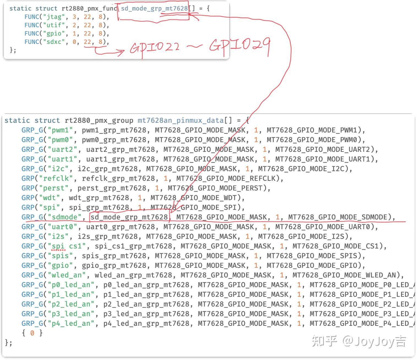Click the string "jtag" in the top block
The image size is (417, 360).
54,17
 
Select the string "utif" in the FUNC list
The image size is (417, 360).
54,25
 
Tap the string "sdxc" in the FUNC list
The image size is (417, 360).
54,42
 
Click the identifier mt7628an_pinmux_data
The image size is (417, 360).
181,121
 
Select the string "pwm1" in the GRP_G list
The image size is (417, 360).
60,130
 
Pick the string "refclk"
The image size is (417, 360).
56,179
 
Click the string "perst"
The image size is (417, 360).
54,188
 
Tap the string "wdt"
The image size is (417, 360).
49,198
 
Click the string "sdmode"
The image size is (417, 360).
64,217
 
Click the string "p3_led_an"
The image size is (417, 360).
71,314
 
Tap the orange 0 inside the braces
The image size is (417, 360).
32,333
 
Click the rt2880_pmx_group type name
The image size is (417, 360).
99,121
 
